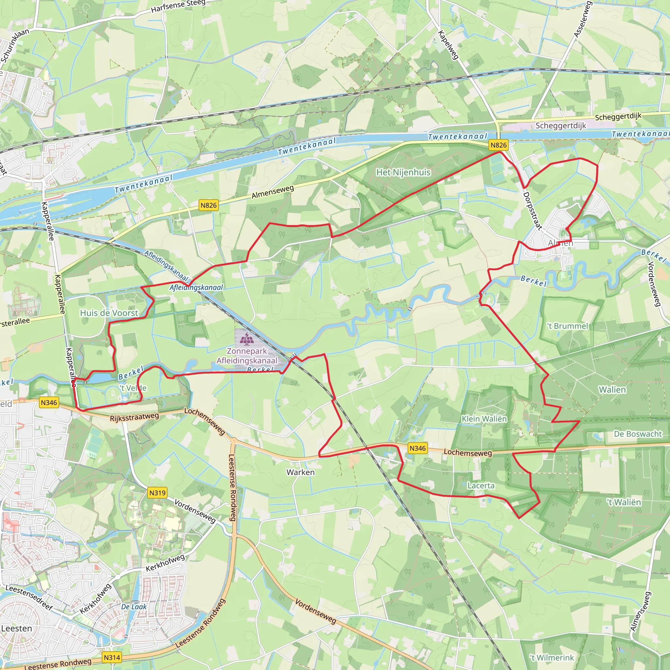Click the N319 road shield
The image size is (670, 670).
tap(157, 493)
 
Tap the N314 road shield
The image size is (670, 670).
tap(112, 658)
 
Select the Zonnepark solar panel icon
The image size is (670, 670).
tap(247, 339)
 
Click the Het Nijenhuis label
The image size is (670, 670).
tap(403, 172)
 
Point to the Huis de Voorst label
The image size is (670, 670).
tap(109, 313)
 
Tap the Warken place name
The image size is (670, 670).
tap(300, 472)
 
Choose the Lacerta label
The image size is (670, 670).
tap(481, 485)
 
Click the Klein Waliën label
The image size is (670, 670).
tap(484, 419)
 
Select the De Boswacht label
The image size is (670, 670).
tap(638, 434)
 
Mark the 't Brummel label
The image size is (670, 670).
tap(568, 326)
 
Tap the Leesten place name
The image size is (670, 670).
tap(16, 628)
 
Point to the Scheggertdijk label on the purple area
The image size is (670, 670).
tap(561, 126)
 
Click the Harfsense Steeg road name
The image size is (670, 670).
tap(178, 6)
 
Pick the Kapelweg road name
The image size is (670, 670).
tap(448, 45)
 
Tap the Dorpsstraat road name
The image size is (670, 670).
tap(532, 211)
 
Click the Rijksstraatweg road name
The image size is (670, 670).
tap(134, 417)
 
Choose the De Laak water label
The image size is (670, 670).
tap(134, 607)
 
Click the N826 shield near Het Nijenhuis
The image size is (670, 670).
tap(498, 145)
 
